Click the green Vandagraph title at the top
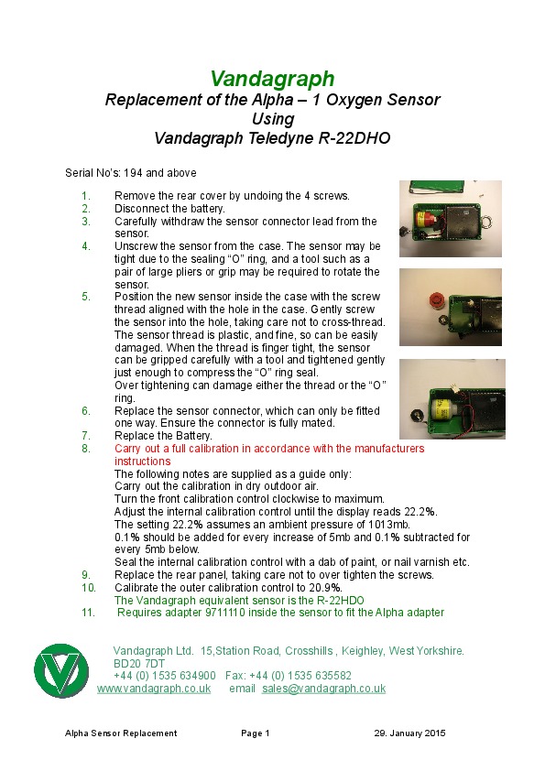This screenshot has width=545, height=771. pyautogui.click(x=273, y=79)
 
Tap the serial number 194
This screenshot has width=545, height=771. pyautogui.click(x=133, y=173)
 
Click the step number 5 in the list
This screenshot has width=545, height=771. pyautogui.click(x=86, y=297)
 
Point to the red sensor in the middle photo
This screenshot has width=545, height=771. pyautogui.click(x=436, y=300)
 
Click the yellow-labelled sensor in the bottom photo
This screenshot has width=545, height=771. pyautogui.click(x=441, y=407)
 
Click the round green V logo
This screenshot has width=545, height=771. pyautogui.click(x=61, y=670)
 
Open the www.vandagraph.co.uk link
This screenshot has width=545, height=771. pyautogui.click(x=154, y=689)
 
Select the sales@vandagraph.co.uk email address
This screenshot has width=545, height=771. pyautogui.click(x=323, y=689)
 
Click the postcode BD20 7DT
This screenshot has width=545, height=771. pyautogui.click(x=139, y=663)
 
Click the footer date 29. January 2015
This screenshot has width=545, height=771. pyautogui.click(x=409, y=733)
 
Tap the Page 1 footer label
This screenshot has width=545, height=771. pyautogui.click(x=256, y=733)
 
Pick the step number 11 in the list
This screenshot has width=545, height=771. pyautogui.click(x=88, y=613)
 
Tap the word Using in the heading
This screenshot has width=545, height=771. pyautogui.click(x=273, y=119)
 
